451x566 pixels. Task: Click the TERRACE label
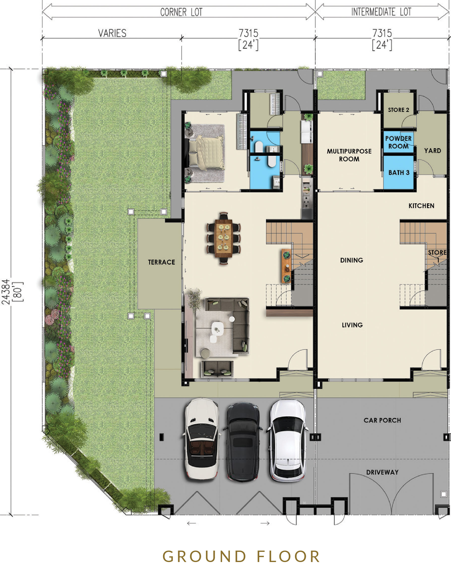(x=161, y=262)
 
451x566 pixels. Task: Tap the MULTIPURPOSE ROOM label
(x=349, y=155)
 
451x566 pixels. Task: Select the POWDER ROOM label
(x=398, y=142)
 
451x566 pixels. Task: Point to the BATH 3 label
(x=399, y=173)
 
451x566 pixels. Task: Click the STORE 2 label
(x=398, y=110)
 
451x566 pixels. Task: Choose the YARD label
(x=433, y=150)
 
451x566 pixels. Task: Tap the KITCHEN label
(x=421, y=206)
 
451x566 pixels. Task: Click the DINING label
(x=352, y=260)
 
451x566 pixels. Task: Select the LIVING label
(x=352, y=325)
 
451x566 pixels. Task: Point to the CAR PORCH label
(x=382, y=420)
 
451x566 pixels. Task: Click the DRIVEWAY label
(x=382, y=472)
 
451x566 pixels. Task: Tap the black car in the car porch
(x=243, y=442)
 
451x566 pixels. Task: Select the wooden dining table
(x=224, y=238)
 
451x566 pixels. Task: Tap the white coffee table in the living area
(x=218, y=328)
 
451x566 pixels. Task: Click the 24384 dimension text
(x=6, y=292)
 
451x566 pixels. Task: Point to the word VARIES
(x=112, y=33)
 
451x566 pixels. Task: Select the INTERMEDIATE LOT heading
(x=381, y=12)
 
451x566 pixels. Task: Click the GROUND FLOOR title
(x=241, y=556)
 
